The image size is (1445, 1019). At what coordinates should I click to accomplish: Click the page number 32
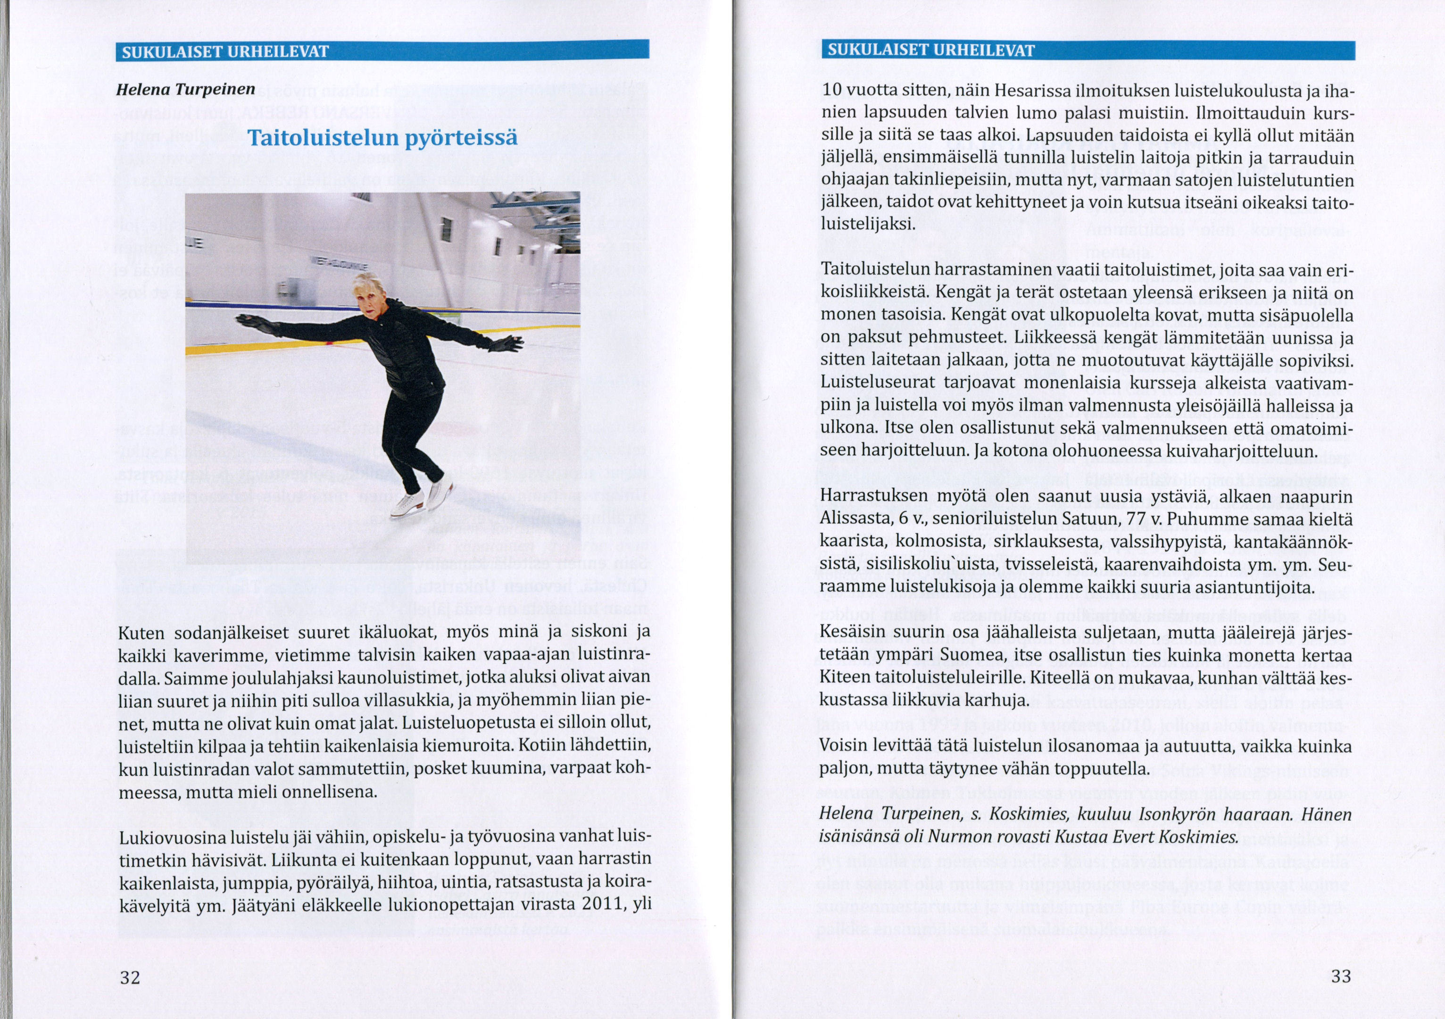[x=130, y=977]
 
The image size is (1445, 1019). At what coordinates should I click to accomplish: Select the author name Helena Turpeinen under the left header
[x=186, y=89]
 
